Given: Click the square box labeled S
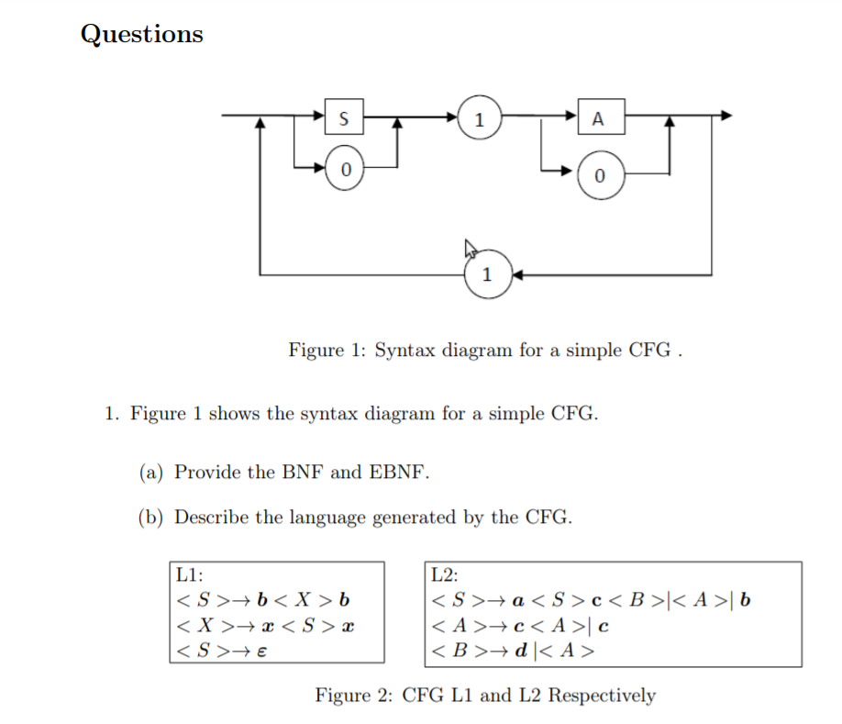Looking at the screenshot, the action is click(344, 117).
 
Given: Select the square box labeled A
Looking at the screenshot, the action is click(598, 117).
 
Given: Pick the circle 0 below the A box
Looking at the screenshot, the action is click(598, 177).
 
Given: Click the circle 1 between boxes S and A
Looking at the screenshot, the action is click(480, 117).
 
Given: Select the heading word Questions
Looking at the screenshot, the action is click(141, 34).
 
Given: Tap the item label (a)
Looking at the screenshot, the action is click(151, 473).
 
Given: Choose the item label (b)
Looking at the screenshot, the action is click(151, 518).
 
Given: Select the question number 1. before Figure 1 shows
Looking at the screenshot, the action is click(110, 414).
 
